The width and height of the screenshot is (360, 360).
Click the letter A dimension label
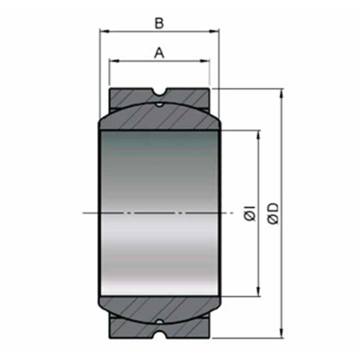coord(159,52)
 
